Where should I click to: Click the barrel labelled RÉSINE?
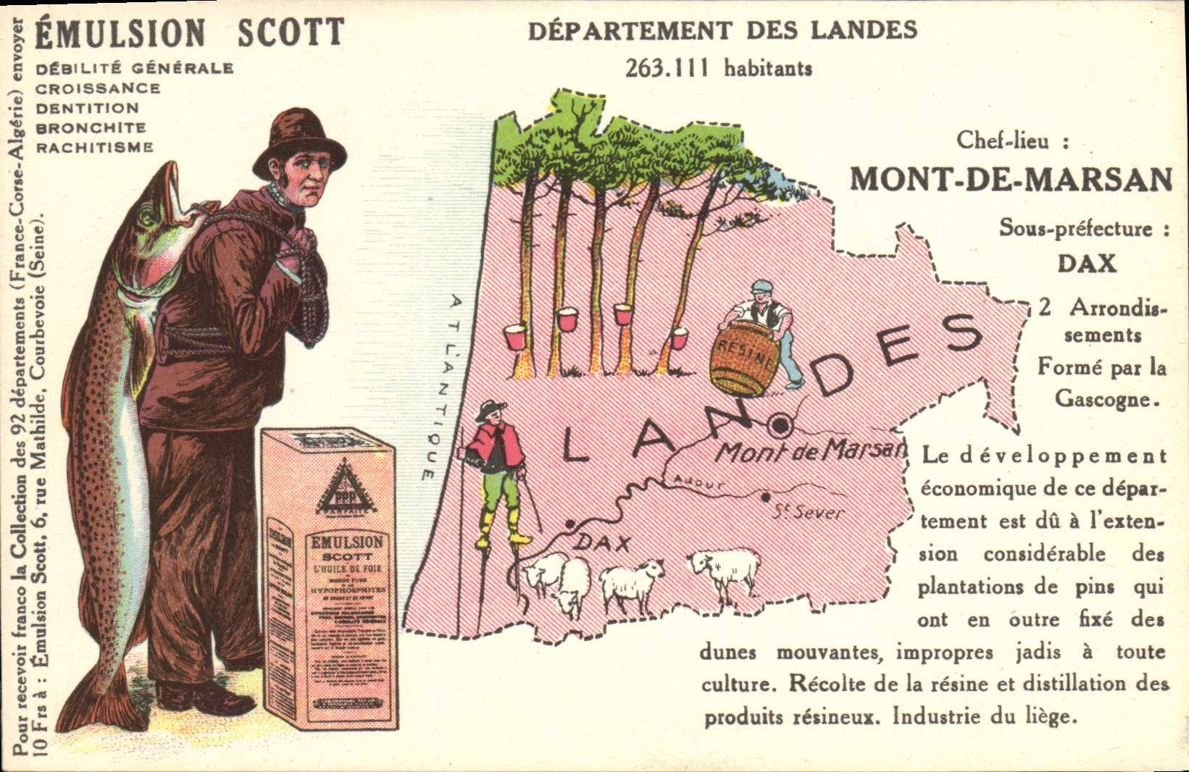744,358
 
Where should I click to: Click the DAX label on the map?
602,543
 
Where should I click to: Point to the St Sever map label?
806,513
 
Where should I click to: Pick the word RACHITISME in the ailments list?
95,148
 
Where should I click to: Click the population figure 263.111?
671,68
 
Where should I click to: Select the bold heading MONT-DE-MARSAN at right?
1011,179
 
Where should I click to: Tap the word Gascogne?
1102,399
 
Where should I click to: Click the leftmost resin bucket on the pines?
516,336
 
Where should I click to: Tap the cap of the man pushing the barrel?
762,287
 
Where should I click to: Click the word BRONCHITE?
91,127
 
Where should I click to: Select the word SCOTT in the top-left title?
291,33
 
